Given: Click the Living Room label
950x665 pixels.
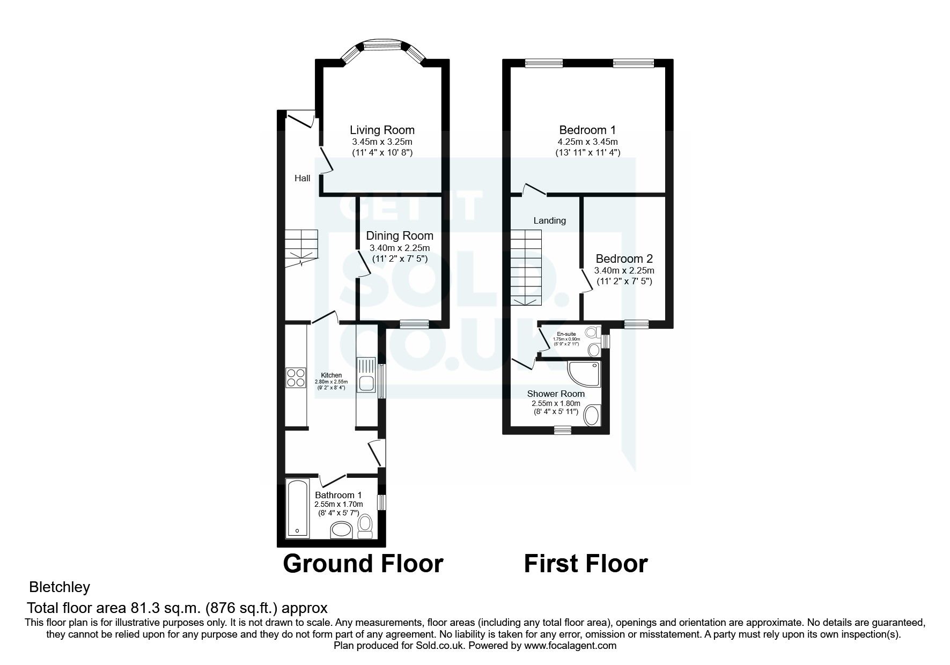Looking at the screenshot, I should coord(382,130).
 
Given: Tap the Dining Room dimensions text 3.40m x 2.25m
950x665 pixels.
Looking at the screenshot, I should coord(399,248).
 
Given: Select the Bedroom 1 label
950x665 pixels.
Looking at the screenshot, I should coord(587,130).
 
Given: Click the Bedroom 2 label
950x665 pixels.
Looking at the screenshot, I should coord(624,258).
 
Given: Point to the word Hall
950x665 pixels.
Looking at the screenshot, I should coord(302,178).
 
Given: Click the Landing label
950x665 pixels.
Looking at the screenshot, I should coord(549,220).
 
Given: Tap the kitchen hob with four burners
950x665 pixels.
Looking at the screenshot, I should coord(294,378).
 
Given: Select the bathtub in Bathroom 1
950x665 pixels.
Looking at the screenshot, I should coord(297,508).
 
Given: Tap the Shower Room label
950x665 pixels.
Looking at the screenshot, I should coord(556,394).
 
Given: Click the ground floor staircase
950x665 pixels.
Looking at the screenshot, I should coord(301,247).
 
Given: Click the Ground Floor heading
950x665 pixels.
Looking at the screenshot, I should coord(363,564).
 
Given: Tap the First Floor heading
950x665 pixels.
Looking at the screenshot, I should coord(585,564).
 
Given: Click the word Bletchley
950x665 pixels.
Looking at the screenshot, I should coord(60,587).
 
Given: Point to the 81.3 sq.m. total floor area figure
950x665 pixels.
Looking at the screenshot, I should coord(164,608).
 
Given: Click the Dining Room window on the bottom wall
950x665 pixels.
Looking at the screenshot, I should coord(414,323).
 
